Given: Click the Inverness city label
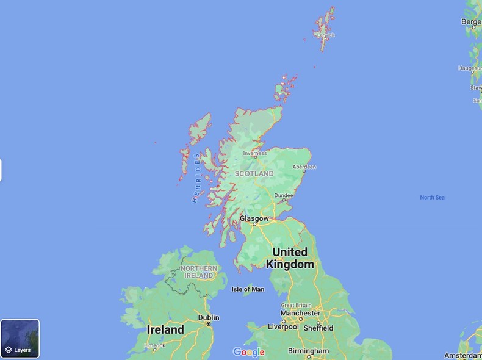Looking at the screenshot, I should tap(255, 154).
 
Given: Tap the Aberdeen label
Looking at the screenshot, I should tap(304, 167).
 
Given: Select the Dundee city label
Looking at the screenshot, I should tap(284, 196).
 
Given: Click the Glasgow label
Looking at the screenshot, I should tap(254, 218).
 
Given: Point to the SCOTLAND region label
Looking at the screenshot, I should tap(254, 174).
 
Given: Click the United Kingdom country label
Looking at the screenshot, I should tap(290, 258).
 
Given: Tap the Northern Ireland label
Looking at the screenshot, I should tap(199, 272).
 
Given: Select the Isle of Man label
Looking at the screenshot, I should tap(248, 289).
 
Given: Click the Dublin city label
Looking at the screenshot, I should tap(208, 317).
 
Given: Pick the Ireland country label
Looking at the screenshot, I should tap(165, 329).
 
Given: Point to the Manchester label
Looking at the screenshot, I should tap(300, 313).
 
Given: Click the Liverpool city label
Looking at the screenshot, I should tap(283, 327).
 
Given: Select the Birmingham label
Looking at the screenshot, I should tap(308, 351).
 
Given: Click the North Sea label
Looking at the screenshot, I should tap(432, 197).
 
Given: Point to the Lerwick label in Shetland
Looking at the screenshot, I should tap(326, 35).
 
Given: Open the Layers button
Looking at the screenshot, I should tap(20, 338).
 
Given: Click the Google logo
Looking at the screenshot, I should tap(249, 352).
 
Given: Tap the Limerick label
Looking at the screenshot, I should tap(154, 345).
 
